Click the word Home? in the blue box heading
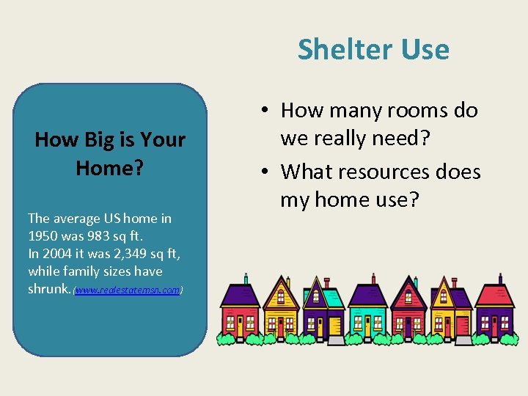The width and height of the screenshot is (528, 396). (109, 168)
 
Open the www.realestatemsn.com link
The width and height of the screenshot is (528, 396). (128, 290)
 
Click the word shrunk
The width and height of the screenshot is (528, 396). (48, 289)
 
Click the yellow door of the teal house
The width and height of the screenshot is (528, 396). (367, 325)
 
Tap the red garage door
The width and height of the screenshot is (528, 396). (463, 326)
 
